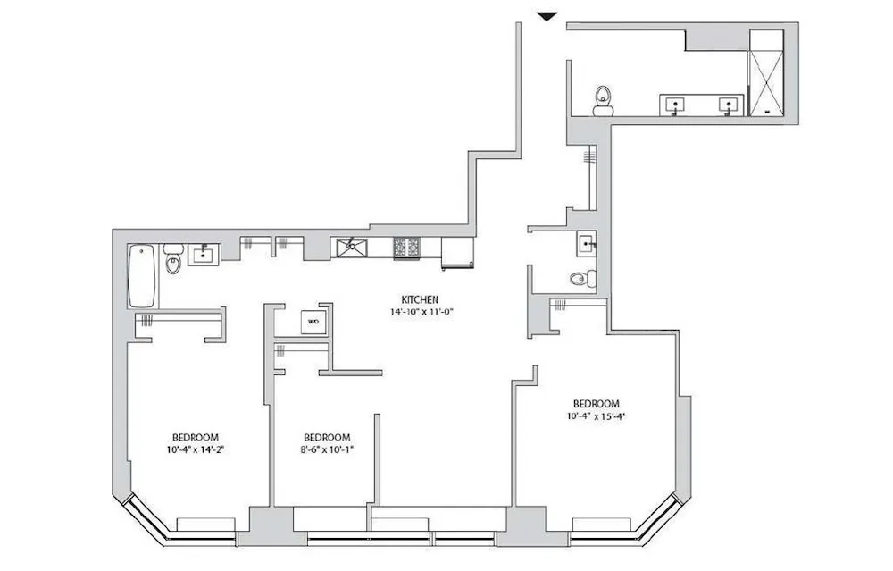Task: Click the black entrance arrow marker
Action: (x=547, y=15)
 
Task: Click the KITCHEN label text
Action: (x=418, y=299)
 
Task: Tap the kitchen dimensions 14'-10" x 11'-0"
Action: (x=418, y=312)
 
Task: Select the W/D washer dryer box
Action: (x=313, y=321)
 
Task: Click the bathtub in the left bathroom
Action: (x=142, y=276)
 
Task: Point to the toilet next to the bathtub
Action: (x=174, y=259)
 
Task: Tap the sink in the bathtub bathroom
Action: (x=204, y=255)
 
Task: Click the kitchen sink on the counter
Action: (x=353, y=246)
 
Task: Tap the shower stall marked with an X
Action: (x=765, y=72)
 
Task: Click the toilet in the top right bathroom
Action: (x=604, y=101)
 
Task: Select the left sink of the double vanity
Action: (x=677, y=105)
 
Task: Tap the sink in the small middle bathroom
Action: (x=586, y=241)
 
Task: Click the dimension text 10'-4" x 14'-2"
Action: (x=194, y=449)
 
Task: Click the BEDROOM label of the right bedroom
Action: (x=596, y=403)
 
